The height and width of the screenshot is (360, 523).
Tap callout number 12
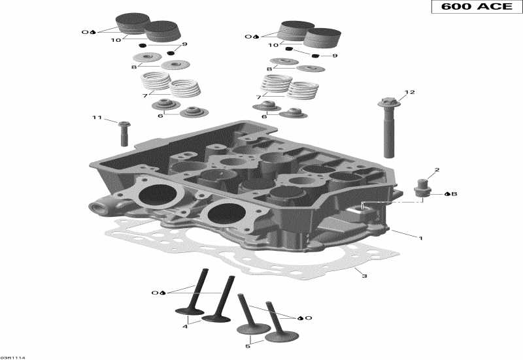(x=409, y=92)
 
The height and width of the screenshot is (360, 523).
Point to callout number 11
(x=97, y=118)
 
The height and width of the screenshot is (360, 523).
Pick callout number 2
(x=437, y=170)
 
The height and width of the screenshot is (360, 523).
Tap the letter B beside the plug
(x=454, y=194)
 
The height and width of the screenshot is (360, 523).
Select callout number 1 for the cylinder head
(x=420, y=238)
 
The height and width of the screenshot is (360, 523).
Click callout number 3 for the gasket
(x=364, y=276)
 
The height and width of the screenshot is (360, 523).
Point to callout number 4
(x=185, y=325)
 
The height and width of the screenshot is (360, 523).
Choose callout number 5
(x=247, y=346)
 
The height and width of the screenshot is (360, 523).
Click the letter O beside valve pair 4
(x=155, y=293)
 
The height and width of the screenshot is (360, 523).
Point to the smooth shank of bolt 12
(x=389, y=134)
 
